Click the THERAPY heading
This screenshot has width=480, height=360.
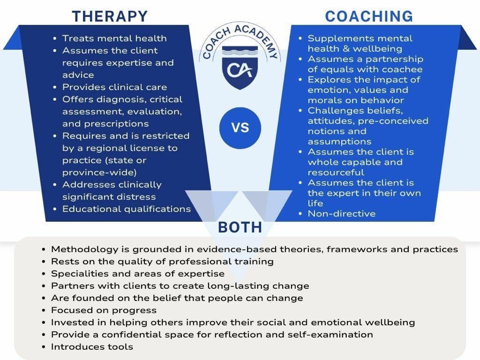click(110, 16)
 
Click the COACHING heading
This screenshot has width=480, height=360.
click(369, 16)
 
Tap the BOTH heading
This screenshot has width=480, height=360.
click(240, 227)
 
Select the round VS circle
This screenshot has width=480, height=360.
click(240, 128)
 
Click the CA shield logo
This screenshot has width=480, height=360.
click(240, 68)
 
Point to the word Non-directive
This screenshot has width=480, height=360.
click(342, 214)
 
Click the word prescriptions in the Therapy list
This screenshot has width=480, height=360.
click(106, 124)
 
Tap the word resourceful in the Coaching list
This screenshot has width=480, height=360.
click(336, 172)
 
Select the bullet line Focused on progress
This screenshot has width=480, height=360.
click(104, 310)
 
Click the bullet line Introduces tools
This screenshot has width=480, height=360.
click(92, 347)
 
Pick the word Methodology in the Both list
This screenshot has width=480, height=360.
click(85, 249)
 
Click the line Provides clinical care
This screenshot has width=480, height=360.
click(115, 87)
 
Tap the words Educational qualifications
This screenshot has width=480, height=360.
click(127, 209)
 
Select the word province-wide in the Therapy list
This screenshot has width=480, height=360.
click(99, 173)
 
